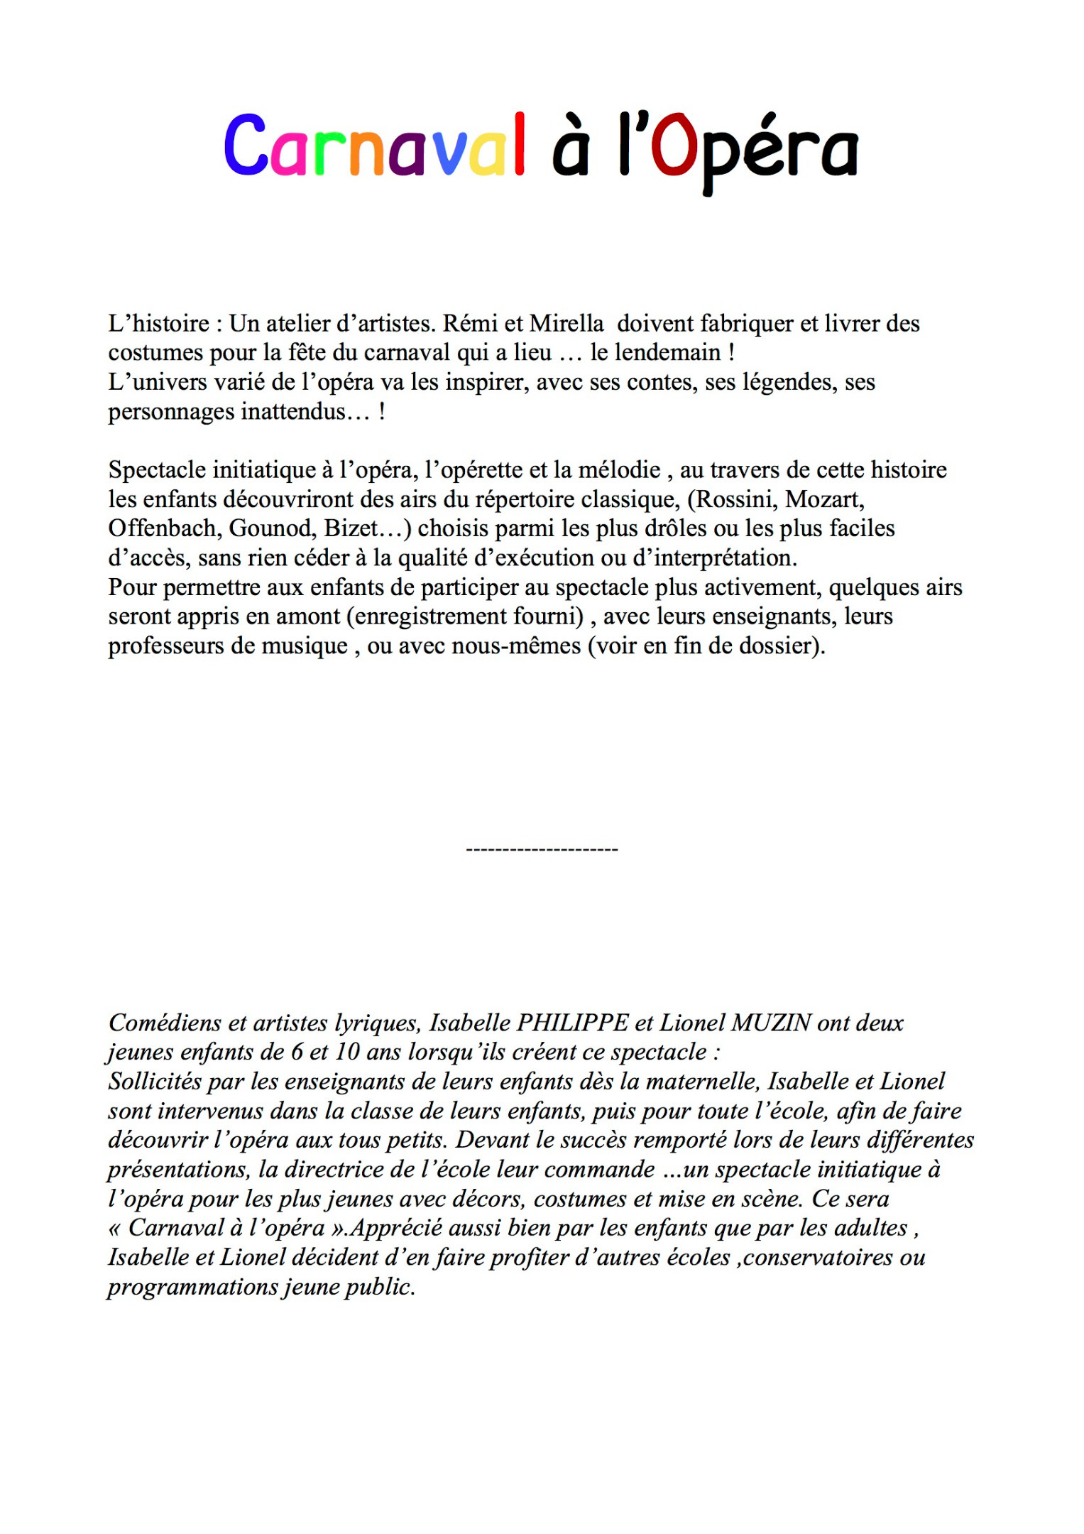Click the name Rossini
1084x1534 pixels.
pos(735,499)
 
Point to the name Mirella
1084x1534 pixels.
pos(566,324)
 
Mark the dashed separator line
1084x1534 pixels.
pos(542,849)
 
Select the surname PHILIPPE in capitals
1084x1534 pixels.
pos(572,1023)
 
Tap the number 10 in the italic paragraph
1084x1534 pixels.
pos(347,1052)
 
